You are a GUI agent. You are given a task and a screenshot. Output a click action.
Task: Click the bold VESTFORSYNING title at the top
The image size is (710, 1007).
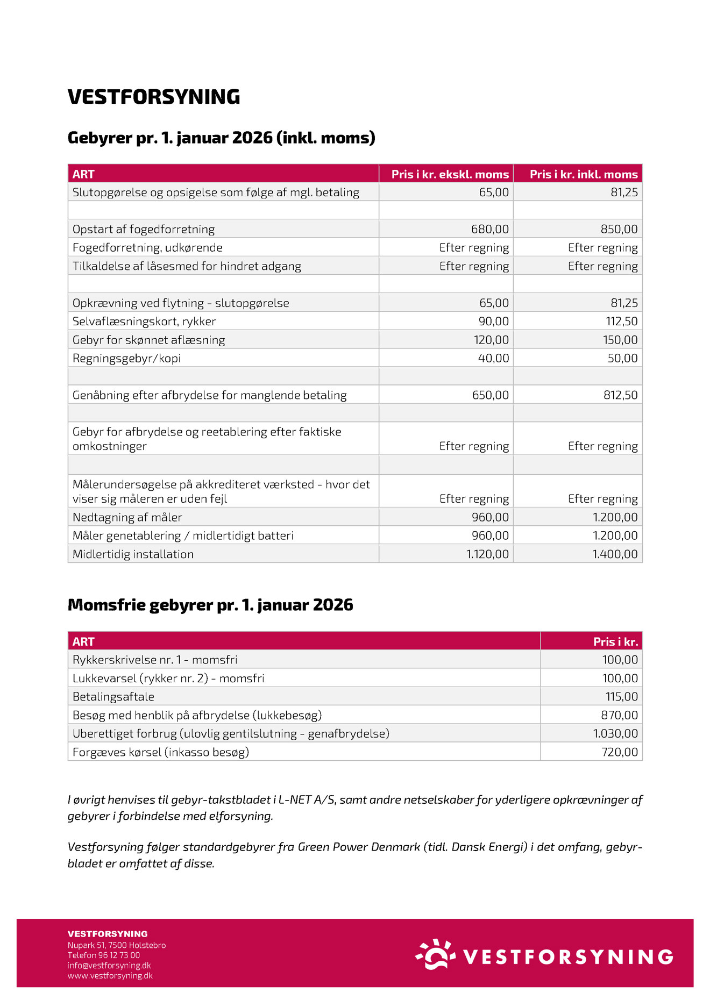[154, 97]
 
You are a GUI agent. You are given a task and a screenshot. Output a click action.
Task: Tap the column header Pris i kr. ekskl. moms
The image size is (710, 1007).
[450, 174]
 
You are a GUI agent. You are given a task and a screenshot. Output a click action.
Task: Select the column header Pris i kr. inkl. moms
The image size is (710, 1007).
[583, 174]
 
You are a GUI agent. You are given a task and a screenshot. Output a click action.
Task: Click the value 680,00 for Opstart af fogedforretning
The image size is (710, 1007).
[489, 229]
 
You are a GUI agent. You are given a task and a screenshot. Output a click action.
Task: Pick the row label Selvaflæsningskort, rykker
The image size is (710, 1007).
[144, 322]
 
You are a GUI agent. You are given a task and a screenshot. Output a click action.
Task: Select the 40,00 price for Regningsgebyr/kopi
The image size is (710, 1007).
[493, 358]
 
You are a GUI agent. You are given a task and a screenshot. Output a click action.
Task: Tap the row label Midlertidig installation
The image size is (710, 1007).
[133, 554]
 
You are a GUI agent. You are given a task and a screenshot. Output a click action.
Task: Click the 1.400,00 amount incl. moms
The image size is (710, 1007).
[615, 554]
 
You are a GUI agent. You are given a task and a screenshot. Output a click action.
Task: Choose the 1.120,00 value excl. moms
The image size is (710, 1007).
[487, 554]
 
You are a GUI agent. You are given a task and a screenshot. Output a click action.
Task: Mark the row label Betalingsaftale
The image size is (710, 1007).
[113, 697]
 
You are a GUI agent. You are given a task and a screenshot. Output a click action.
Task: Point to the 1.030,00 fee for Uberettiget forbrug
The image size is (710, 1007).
[615, 733]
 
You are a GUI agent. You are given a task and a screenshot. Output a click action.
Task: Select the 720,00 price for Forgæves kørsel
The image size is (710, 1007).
[620, 752]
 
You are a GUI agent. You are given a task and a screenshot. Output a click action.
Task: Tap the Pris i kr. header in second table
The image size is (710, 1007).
[615, 641]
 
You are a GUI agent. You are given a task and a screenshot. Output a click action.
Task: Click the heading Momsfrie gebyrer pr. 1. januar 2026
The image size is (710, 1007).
[210, 605]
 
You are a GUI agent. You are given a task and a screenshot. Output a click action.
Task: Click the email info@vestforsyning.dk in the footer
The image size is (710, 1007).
[109, 965]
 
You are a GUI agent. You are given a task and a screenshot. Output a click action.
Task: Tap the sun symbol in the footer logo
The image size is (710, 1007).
[436, 954]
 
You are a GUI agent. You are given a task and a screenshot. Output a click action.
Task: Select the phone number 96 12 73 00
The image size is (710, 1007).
[119, 955]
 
